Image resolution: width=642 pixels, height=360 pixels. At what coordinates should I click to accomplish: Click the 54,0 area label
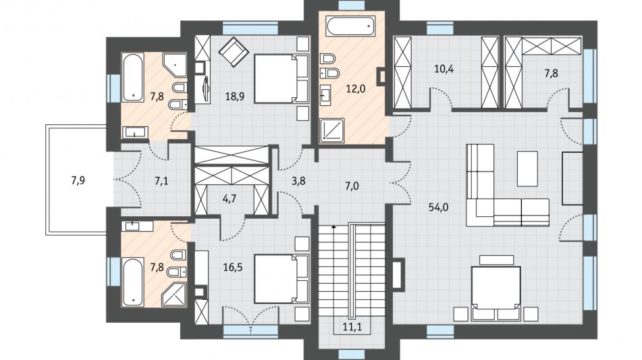point(438,207)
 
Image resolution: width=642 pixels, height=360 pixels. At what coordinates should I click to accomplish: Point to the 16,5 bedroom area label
point(232,267)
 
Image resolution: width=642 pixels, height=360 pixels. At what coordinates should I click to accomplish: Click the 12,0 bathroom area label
point(355,88)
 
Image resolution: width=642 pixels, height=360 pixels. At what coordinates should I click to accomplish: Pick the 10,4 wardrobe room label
point(444,68)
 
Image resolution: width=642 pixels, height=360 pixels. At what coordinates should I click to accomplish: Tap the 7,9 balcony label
point(78,180)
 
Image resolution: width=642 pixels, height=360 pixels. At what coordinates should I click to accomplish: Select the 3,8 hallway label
point(298,180)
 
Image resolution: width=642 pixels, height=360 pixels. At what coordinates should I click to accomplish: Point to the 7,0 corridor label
point(352,186)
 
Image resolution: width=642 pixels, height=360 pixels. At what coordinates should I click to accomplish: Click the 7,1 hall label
point(161,180)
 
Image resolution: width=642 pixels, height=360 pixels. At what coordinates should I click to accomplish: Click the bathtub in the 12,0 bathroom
point(351,26)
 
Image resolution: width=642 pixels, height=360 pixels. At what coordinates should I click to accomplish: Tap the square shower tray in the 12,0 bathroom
point(331,130)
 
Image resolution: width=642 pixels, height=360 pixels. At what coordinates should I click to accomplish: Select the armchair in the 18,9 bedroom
point(234,51)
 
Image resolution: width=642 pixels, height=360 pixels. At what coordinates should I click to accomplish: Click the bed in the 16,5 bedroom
point(281,278)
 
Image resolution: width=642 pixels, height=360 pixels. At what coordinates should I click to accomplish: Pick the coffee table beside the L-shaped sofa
point(527,169)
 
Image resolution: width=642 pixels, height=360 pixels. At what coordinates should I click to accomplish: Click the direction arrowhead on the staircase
point(334,226)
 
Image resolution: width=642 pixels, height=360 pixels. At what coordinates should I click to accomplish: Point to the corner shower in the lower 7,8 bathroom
point(174,294)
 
